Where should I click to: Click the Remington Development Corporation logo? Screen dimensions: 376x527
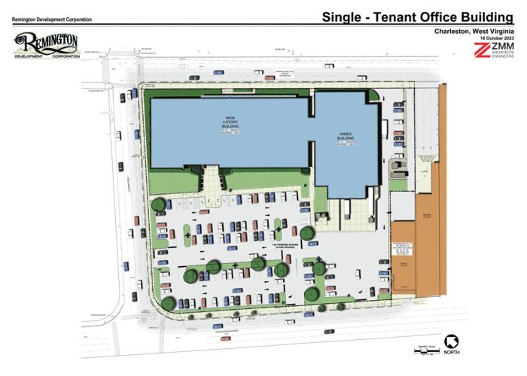click(x=46, y=46)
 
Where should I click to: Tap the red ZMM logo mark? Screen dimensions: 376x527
click(x=483, y=50)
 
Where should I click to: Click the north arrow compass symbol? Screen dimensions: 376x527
click(x=450, y=341)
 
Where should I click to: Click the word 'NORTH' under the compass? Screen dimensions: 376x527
click(x=451, y=353)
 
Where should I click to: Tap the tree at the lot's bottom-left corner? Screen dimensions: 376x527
click(x=169, y=303)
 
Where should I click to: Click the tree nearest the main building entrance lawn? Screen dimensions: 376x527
click(x=159, y=204)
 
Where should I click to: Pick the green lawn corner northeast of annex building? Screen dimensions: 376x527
click(x=373, y=95)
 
